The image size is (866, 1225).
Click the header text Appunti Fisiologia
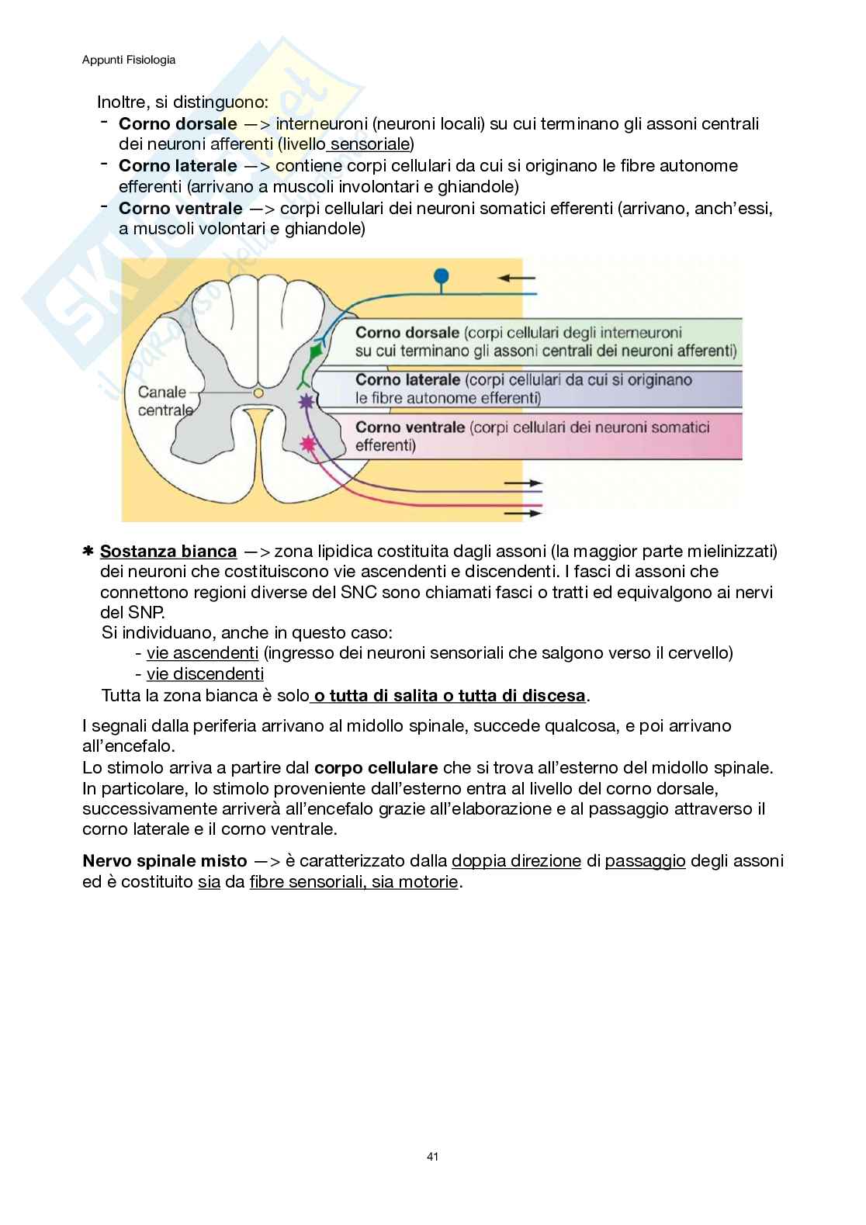click(129, 60)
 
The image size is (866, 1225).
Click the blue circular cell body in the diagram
click(442, 275)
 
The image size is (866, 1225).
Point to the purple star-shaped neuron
click(307, 401)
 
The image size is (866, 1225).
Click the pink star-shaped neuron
click(309, 444)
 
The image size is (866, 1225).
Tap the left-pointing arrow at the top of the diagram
click(516, 278)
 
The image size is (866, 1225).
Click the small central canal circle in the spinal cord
click(258, 393)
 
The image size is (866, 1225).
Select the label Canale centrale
click(162, 401)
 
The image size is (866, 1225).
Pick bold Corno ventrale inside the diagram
click(410, 427)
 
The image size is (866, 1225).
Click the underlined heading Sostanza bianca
click(168, 552)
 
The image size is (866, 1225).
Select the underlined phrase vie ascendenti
click(203, 653)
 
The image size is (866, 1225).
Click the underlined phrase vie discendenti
click(205, 674)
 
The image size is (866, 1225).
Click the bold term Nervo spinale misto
click(165, 861)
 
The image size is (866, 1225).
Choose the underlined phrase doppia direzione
click(516, 861)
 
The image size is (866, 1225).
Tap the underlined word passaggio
click(645, 861)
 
